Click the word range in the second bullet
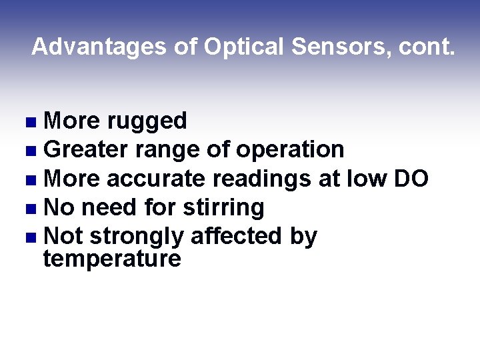pos(167,149)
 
